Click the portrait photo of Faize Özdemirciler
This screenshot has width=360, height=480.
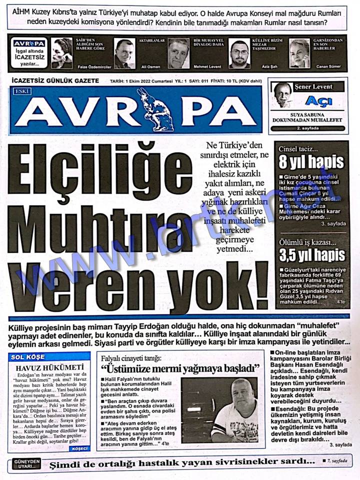click(x=62, y=52)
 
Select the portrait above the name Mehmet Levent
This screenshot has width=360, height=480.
click(x=178, y=52)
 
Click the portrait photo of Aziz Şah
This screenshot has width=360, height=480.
click(x=239, y=53)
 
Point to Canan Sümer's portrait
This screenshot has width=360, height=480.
click(x=299, y=52)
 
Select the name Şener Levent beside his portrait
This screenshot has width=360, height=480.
click(x=313, y=86)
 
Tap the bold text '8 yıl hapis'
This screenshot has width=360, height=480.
click(x=311, y=162)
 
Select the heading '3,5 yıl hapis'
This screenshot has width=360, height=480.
click(x=311, y=255)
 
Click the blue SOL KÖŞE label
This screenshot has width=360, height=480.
click(x=25, y=358)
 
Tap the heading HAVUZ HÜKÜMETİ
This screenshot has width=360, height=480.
click(x=49, y=368)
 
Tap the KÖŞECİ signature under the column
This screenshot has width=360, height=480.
click(x=80, y=448)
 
